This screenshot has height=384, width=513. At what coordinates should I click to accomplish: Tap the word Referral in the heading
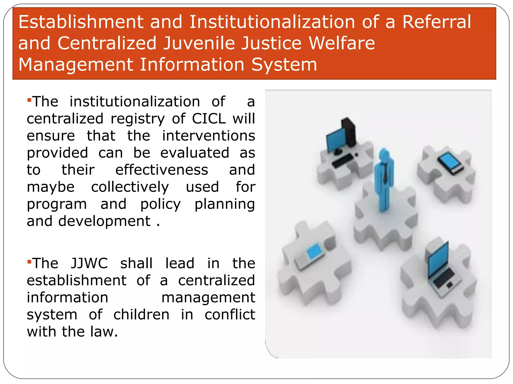point(437,22)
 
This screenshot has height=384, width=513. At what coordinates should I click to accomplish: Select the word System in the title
point(284,64)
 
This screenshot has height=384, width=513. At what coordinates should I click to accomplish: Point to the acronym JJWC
point(89,263)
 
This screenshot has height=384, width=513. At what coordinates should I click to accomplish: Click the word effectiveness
point(162,170)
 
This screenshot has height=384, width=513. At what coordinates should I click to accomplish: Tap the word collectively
point(130,187)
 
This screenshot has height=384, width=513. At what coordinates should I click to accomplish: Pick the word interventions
point(208,136)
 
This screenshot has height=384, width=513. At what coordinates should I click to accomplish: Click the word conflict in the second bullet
point(230,314)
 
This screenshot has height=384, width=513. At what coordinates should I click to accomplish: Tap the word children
point(141,314)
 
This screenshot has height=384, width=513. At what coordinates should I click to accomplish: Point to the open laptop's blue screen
point(438,260)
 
